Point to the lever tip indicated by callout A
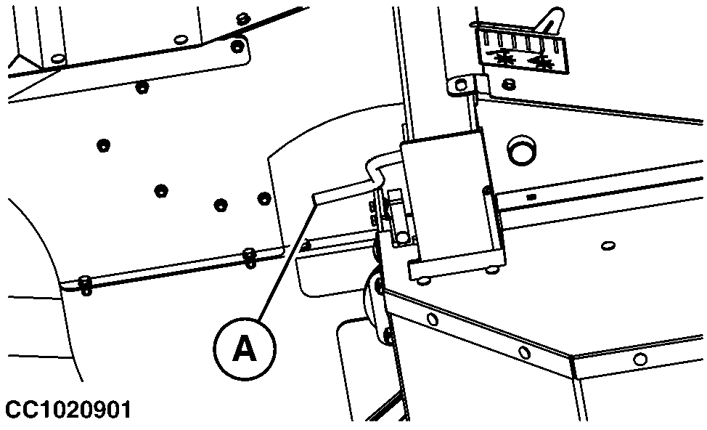point(317,196)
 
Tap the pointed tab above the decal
point(550,17)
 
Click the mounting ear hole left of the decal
point(459,85)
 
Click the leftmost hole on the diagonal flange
point(433,319)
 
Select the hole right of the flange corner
point(639,359)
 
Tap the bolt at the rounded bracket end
point(235,46)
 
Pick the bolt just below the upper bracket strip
point(142,88)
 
